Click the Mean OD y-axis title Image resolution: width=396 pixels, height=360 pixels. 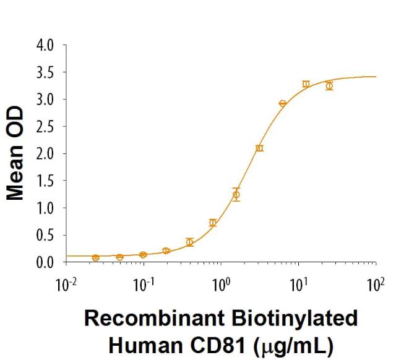[17, 153]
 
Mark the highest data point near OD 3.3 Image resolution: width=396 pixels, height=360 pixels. [306, 84]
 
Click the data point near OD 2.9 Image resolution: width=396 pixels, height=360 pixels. [283, 103]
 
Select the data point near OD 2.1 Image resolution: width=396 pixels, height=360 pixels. [259, 148]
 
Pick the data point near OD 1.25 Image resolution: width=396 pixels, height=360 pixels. [236, 195]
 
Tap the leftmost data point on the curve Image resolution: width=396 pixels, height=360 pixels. [95, 257]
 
